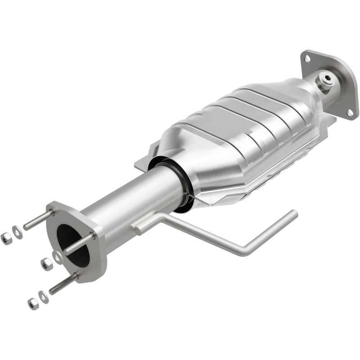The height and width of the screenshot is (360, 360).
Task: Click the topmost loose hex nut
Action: click(x=6, y=238)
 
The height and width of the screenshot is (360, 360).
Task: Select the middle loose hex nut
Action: click(x=45, y=264)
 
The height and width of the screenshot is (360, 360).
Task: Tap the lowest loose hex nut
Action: click(x=32, y=303)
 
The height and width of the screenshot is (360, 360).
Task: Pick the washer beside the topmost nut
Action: click(x=17, y=231)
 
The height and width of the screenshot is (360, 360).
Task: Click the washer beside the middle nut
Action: click(x=57, y=256)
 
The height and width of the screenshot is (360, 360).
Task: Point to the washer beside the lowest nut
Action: click(x=43, y=296)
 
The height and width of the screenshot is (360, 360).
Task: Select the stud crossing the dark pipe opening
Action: click(x=79, y=243)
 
